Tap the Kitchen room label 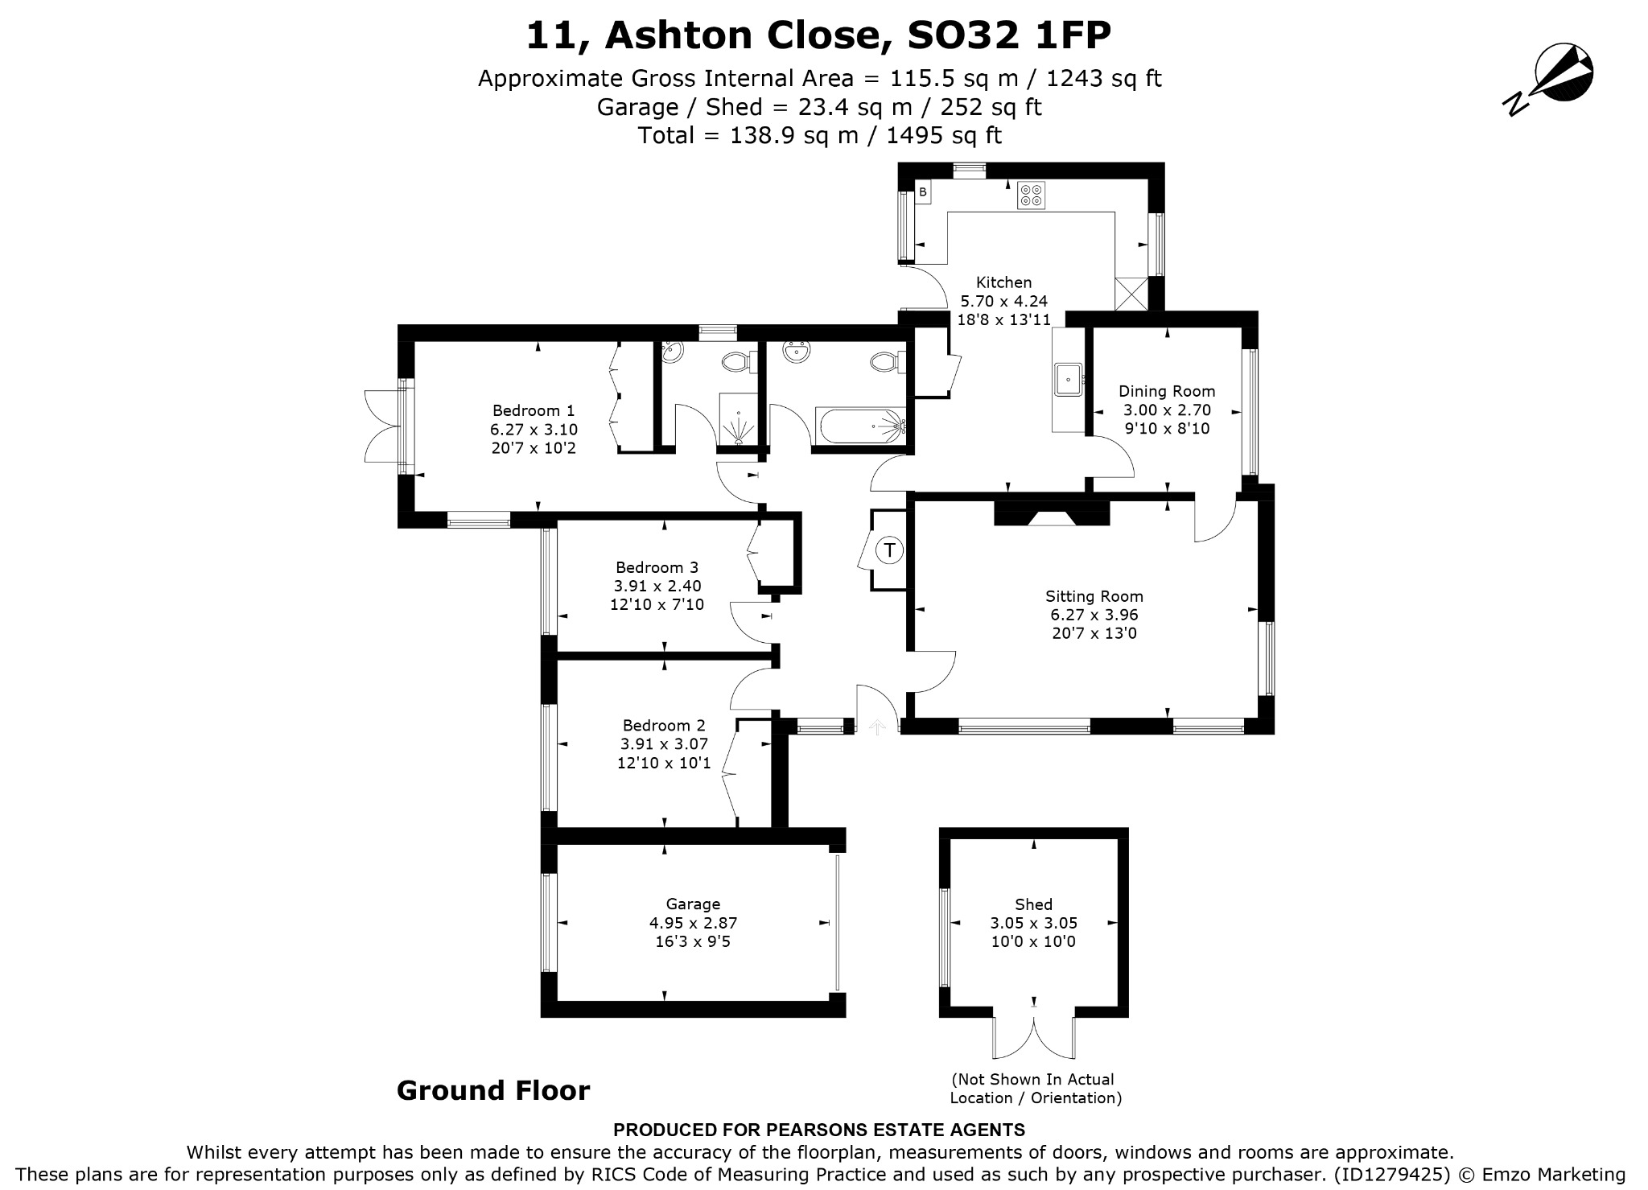click(x=1003, y=282)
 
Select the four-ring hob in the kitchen click(x=1032, y=195)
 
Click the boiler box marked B click(x=923, y=192)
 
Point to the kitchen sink click(x=1069, y=378)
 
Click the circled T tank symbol click(x=889, y=550)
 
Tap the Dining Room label click(x=1167, y=391)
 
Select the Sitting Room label click(x=1094, y=596)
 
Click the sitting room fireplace click(x=1052, y=513)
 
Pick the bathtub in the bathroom click(x=862, y=426)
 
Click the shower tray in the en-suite click(x=738, y=419)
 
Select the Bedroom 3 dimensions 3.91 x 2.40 click(x=657, y=586)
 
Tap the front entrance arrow click(x=877, y=727)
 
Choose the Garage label click(x=693, y=904)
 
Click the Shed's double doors click(x=1034, y=1038)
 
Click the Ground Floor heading click(x=493, y=1091)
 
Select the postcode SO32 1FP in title click(x=1009, y=35)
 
